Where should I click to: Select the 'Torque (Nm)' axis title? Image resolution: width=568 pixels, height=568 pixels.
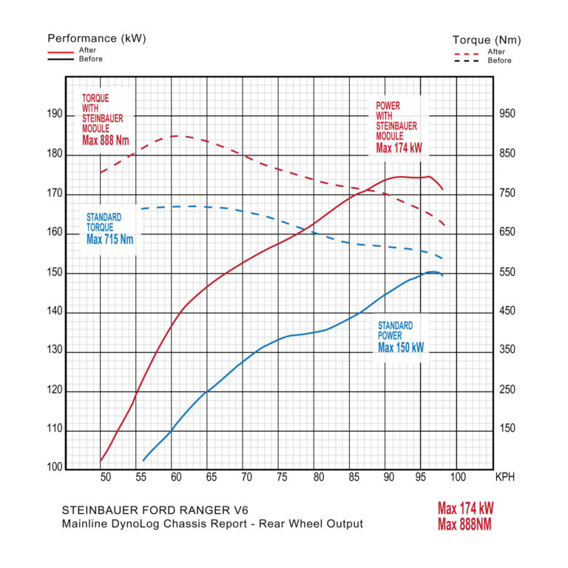[x=487, y=40]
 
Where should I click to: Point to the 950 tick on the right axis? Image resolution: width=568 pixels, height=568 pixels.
[x=507, y=114]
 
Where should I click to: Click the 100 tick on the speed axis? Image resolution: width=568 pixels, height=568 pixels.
[x=457, y=477]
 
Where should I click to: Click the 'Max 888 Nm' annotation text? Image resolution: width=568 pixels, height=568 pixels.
[x=105, y=140]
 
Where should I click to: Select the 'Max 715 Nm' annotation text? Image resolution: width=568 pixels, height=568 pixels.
[x=110, y=239]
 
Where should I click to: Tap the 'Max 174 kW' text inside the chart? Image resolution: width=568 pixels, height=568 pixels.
[x=399, y=148]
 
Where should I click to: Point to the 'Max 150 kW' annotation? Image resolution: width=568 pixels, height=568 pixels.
[x=402, y=347]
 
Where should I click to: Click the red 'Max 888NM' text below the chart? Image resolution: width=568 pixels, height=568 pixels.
[x=464, y=525]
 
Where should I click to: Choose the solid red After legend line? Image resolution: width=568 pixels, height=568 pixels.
[x=61, y=53]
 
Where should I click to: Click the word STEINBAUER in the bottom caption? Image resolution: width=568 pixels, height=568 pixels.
[x=96, y=510]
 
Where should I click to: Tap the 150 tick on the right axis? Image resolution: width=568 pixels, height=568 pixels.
[x=507, y=429]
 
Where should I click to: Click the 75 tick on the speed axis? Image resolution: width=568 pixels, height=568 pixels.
[x=281, y=477]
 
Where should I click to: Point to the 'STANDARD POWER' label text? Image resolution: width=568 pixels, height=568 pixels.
[x=395, y=330]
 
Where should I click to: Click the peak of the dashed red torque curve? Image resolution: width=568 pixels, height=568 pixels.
[x=177, y=136]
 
